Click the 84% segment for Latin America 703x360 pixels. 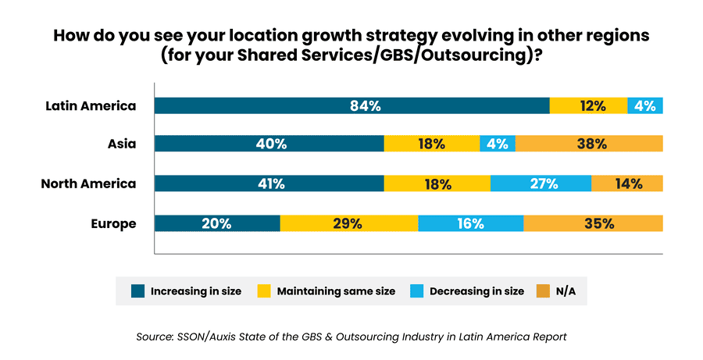point(351,106)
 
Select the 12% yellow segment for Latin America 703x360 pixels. point(588,106)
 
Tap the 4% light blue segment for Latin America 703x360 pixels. point(645,106)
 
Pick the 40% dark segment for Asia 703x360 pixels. point(269,144)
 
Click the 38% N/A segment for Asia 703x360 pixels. point(589,144)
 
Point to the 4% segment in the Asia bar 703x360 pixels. point(497,144)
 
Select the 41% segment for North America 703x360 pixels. point(269,184)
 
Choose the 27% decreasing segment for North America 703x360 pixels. point(541,184)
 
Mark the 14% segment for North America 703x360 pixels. point(627,184)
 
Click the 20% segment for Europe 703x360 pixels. point(217,224)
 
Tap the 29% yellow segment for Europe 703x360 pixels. point(348,224)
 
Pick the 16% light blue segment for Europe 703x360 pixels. point(470,224)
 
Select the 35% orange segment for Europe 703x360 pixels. point(593,224)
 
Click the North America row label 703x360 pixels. point(88,184)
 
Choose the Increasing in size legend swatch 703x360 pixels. point(137,291)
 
